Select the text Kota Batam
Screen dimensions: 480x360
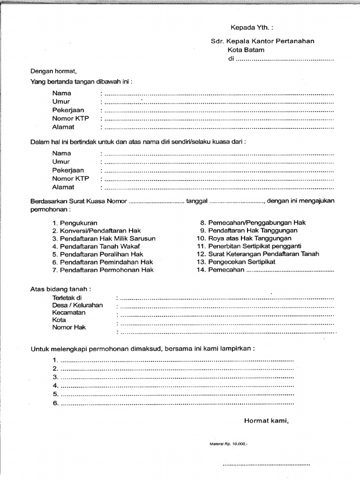point(246,50)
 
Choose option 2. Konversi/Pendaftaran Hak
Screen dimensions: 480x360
point(97,231)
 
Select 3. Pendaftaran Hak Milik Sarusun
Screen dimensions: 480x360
point(104,239)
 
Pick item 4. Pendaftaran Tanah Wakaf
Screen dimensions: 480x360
point(96,246)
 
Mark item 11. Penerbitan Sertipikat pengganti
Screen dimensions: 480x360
point(248,246)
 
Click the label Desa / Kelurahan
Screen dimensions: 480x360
point(77,305)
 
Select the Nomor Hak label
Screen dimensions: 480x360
point(69,328)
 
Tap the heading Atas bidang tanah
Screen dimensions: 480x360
point(60,289)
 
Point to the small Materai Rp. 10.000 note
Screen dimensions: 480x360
point(228,442)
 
